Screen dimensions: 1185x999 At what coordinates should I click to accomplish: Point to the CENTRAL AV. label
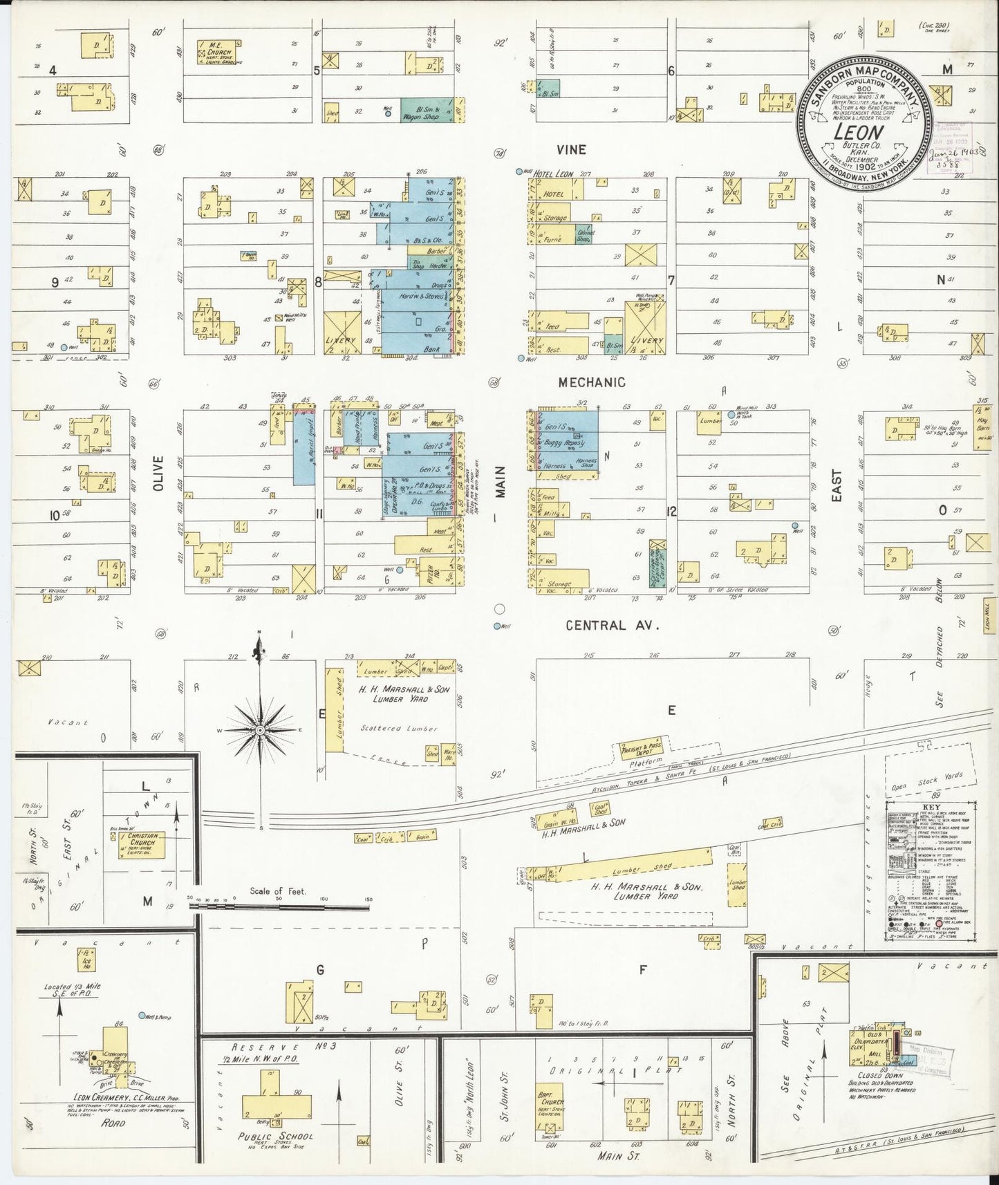pyautogui.click(x=613, y=625)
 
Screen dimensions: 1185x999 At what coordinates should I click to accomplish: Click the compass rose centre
pyautogui.click(x=259, y=730)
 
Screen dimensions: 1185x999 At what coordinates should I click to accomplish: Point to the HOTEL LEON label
pyautogui.click(x=553, y=174)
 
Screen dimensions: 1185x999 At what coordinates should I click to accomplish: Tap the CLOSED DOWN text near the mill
pyautogui.click(x=880, y=1076)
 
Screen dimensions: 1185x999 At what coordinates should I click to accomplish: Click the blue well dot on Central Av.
pyautogui.click(x=496, y=626)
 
